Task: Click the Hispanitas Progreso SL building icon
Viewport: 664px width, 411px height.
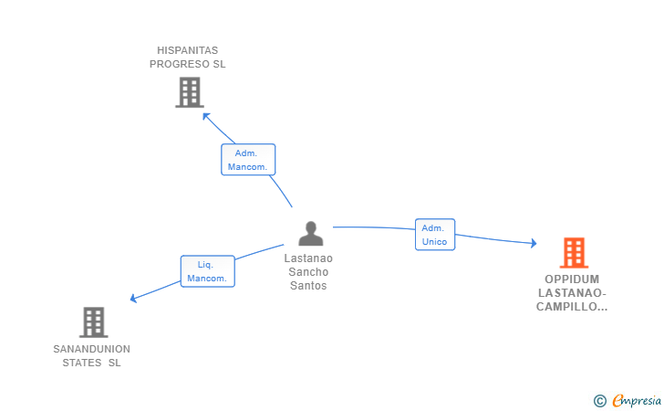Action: (x=189, y=92)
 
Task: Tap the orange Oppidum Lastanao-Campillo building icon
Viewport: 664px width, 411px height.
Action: (x=573, y=253)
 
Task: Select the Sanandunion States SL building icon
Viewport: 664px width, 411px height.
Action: (x=93, y=321)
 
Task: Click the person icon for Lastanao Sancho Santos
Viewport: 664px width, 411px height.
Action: (x=310, y=234)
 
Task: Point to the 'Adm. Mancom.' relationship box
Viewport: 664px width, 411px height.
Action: (x=248, y=160)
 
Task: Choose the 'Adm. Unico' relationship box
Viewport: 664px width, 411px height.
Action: (x=435, y=235)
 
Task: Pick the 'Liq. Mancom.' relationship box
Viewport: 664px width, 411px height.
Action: (x=207, y=271)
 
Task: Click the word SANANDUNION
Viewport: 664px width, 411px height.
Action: (x=91, y=349)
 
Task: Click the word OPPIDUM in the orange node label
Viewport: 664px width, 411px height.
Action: (x=573, y=279)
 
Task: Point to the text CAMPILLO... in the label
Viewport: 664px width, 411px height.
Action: (x=572, y=307)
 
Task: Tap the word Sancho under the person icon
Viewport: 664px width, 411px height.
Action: (x=308, y=272)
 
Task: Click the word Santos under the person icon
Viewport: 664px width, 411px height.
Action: (x=308, y=286)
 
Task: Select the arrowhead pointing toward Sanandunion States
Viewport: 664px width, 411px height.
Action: (x=134, y=299)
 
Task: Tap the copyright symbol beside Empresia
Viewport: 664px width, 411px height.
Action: (x=599, y=400)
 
